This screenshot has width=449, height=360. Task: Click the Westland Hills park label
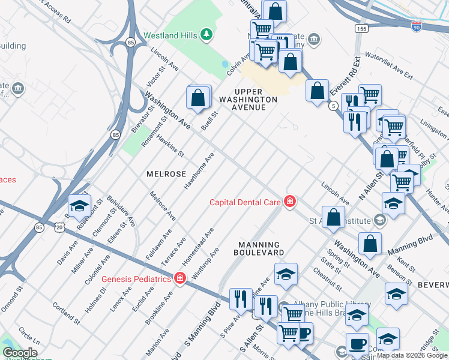coord(170,35)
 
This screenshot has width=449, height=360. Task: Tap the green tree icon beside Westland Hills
coord(206,35)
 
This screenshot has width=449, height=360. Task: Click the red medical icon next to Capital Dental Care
coord(290,202)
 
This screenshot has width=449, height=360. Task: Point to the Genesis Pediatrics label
coord(136,279)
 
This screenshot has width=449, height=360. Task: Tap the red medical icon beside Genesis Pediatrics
coord(179,278)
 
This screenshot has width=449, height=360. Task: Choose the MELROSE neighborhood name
coord(166,173)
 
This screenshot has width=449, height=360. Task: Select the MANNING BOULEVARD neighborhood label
coord(259,249)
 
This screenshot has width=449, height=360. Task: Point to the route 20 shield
coord(59,227)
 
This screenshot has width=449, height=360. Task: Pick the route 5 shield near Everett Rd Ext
coord(333,106)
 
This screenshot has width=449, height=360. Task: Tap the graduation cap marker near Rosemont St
coord(79,206)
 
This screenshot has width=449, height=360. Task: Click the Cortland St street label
coord(66,313)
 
